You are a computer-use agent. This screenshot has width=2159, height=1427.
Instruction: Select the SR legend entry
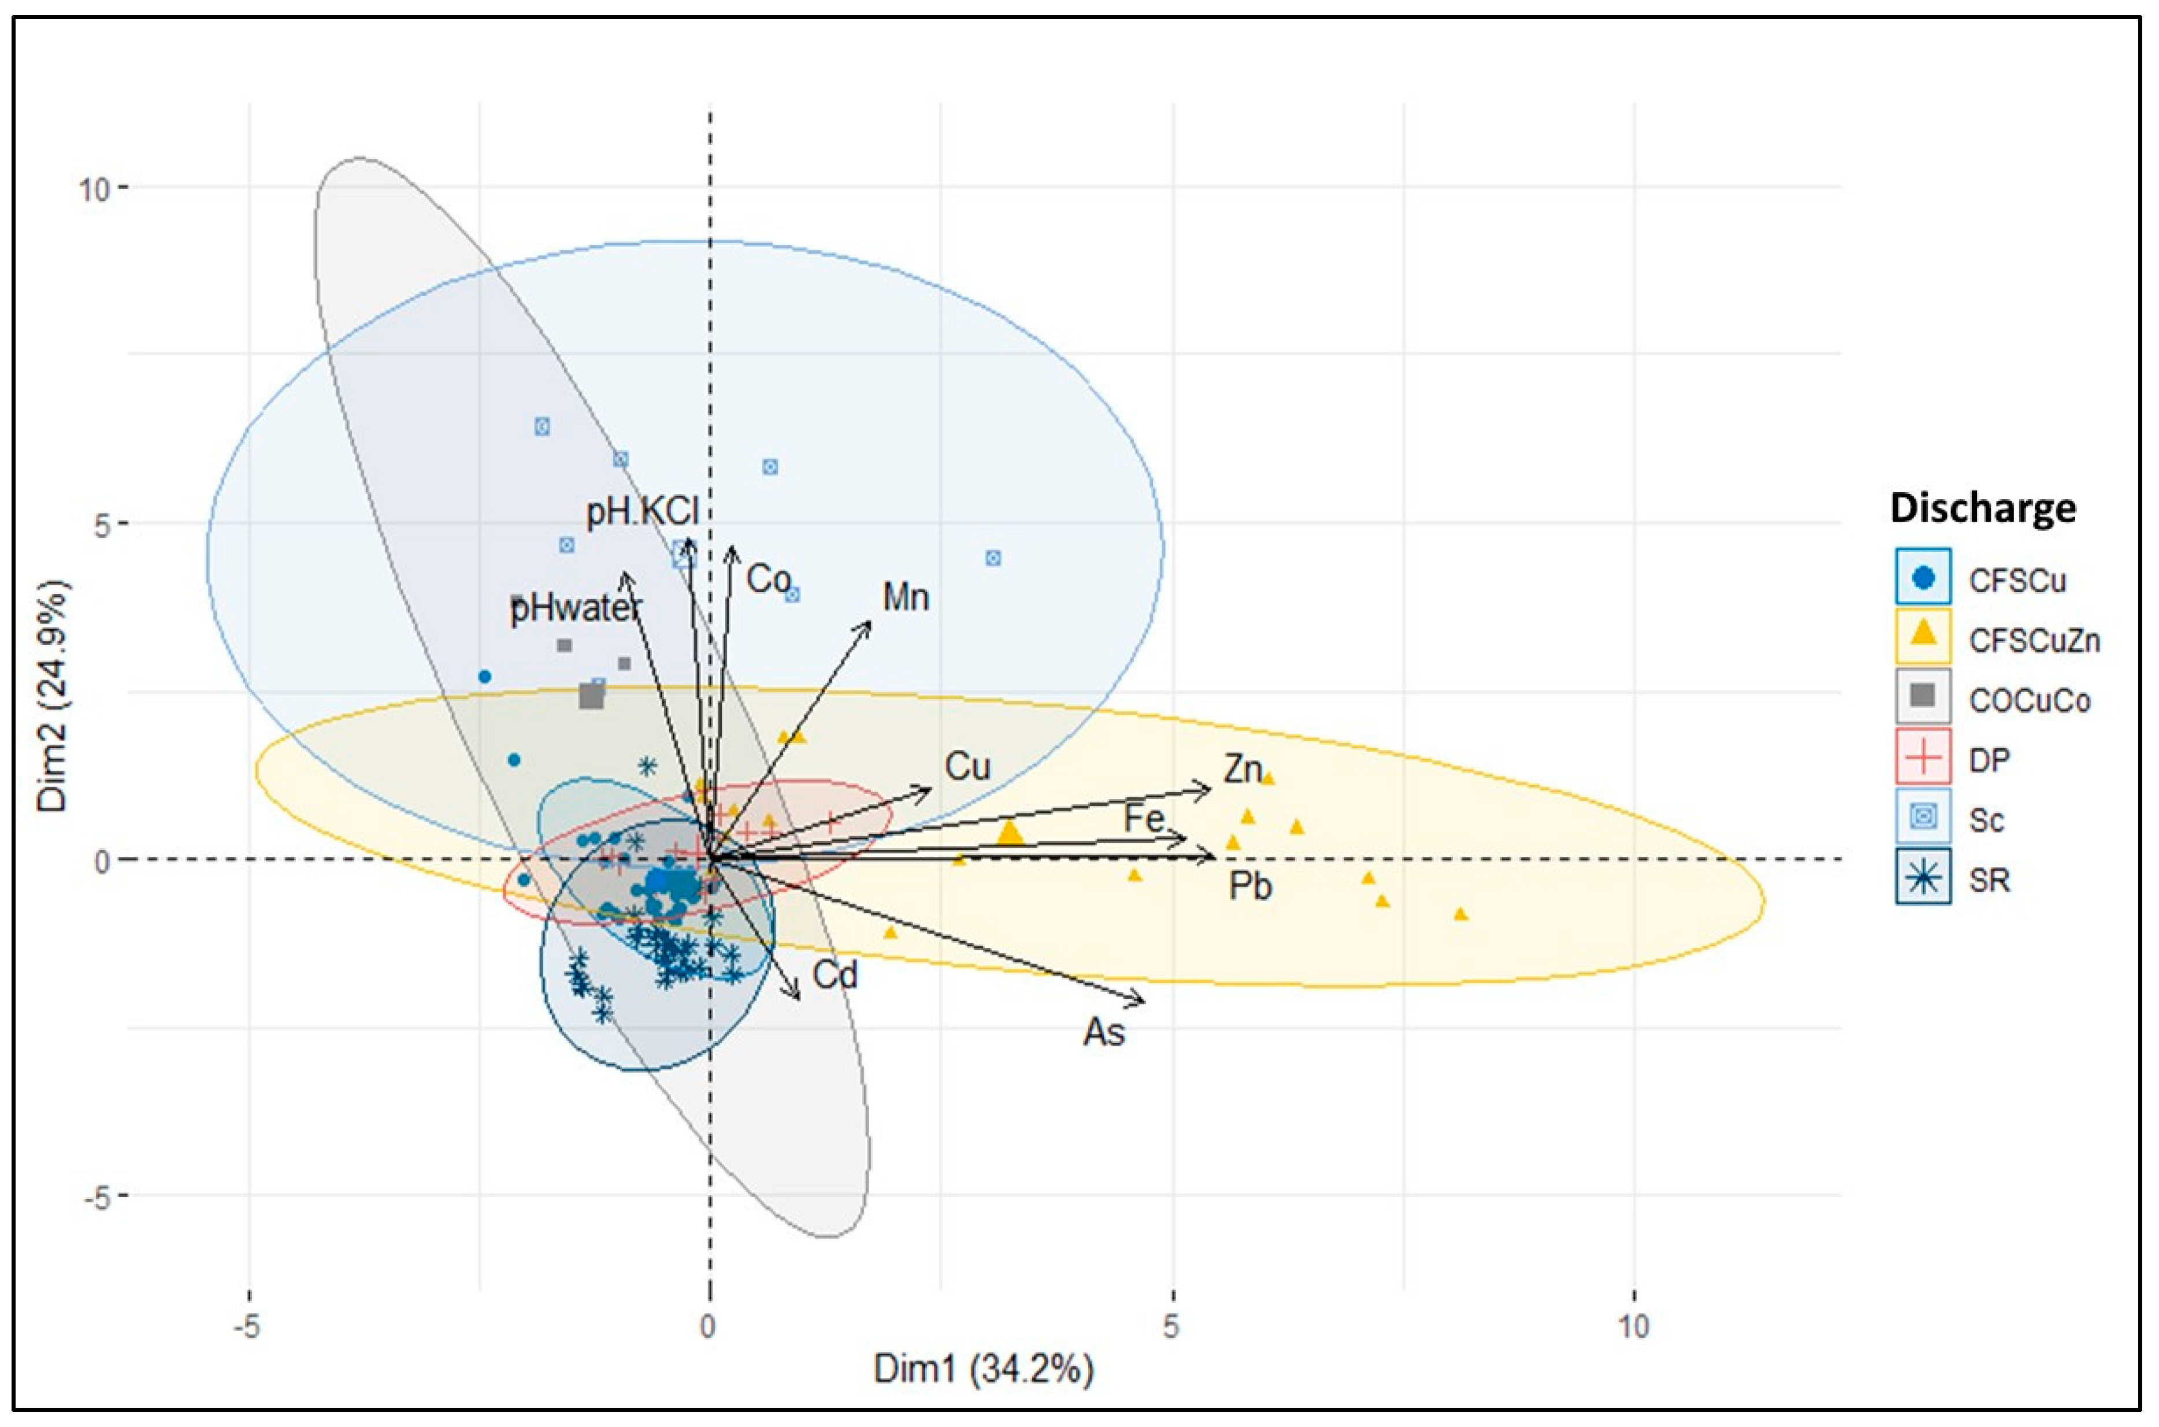point(1988,880)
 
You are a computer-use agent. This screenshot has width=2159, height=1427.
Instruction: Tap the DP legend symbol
point(1923,759)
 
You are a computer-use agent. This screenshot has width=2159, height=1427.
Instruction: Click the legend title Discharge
point(1982,508)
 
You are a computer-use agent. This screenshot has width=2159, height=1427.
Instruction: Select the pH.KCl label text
point(641,511)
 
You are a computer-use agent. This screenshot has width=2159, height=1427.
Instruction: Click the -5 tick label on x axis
point(247,1328)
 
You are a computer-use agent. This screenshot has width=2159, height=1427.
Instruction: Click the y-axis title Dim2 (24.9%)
point(52,693)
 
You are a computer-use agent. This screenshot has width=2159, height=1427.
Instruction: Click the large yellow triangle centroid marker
point(1010,833)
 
